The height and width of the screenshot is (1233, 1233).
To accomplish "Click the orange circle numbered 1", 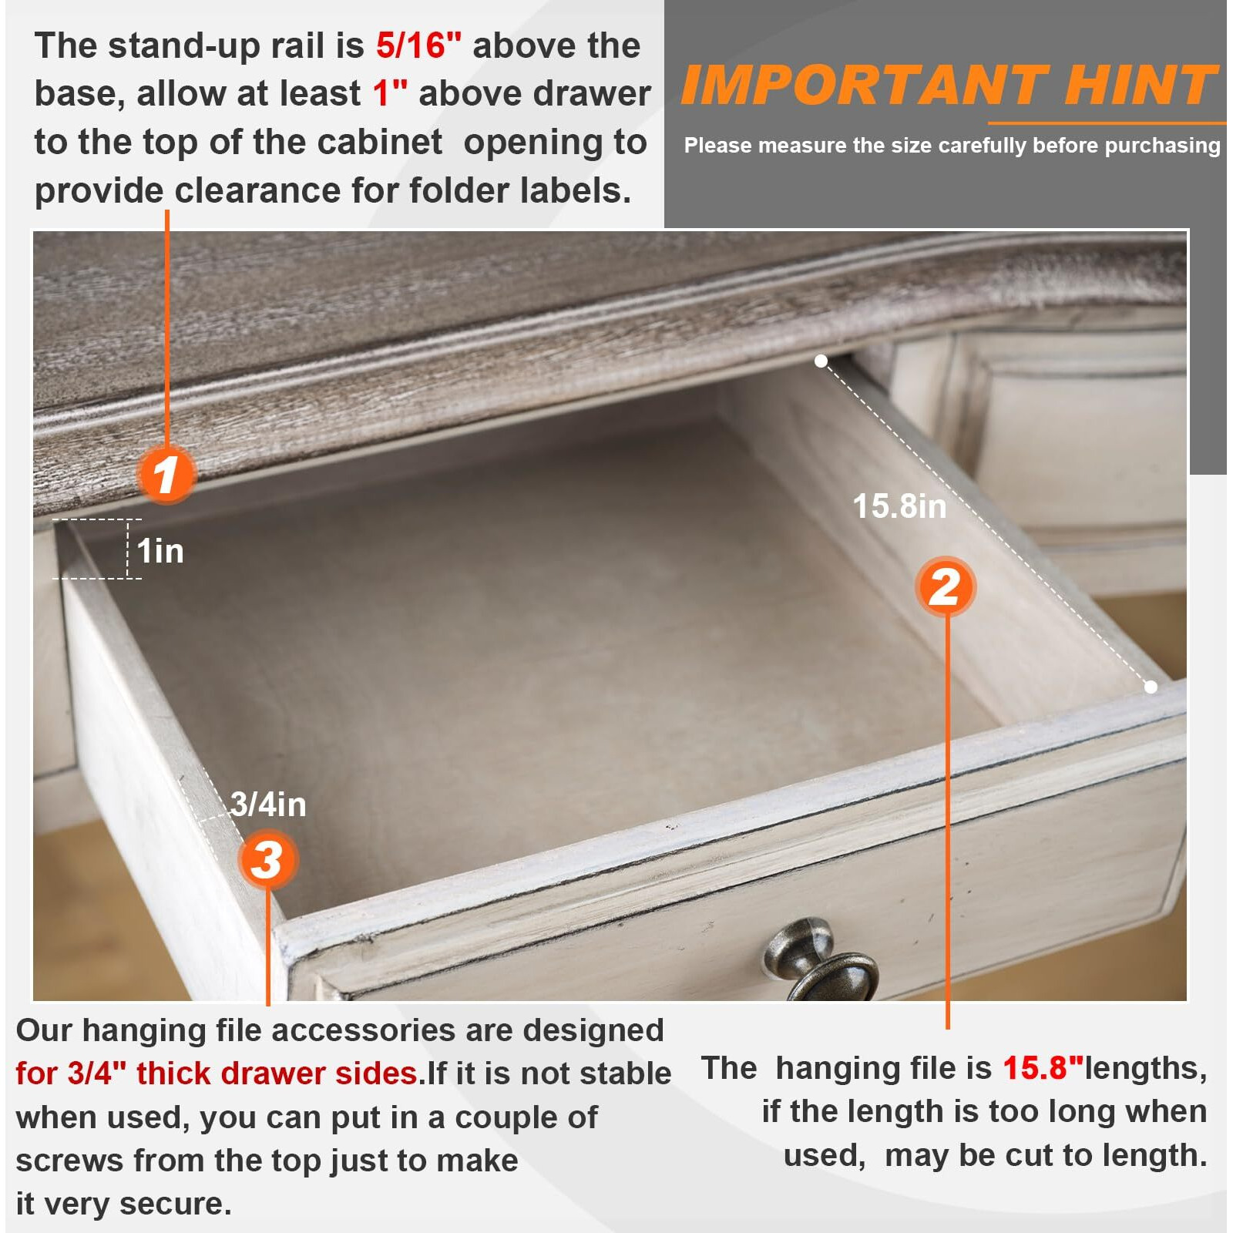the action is point(166,474).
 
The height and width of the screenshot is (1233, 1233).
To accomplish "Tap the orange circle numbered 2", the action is point(946,586).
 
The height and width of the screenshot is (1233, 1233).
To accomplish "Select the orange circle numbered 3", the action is point(267,859).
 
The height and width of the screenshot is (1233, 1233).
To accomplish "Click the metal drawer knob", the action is point(821,960).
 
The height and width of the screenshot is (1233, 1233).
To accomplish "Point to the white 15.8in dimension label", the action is point(899,506).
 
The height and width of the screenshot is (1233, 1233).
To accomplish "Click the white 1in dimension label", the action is point(160,551).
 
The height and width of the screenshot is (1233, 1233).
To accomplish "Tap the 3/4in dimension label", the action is point(268,804).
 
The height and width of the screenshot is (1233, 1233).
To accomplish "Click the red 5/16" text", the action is point(418,45).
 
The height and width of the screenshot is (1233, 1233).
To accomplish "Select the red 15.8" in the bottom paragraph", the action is point(1043,1067).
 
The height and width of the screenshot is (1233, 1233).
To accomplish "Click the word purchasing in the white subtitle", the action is point(1162,146).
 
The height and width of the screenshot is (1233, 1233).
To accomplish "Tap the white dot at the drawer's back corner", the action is point(821,361).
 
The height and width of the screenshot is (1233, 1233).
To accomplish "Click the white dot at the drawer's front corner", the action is point(1151,687).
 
